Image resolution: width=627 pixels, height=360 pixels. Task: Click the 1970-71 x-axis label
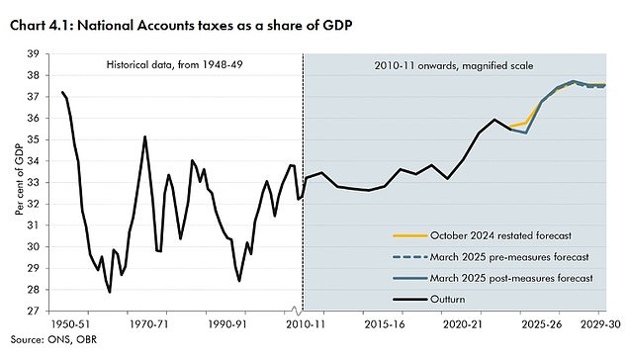point(151,323)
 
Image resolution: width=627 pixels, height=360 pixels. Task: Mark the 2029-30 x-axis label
point(599,323)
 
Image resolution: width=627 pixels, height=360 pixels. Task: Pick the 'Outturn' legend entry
point(451,299)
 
